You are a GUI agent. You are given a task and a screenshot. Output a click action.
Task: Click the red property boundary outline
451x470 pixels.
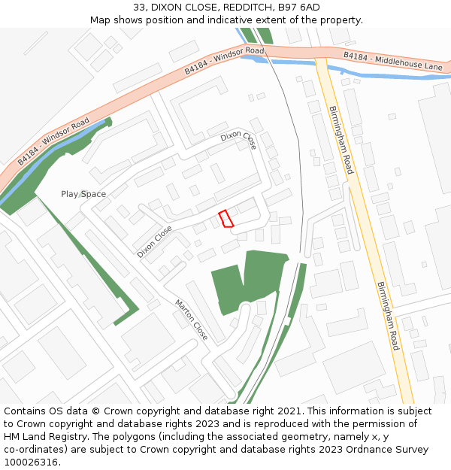(225, 218)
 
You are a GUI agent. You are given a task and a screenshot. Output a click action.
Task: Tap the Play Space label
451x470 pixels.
(83, 194)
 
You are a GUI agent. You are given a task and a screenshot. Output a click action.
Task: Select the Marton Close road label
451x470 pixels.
(191, 320)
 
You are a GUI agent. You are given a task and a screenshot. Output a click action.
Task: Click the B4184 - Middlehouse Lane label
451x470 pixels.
(393, 62)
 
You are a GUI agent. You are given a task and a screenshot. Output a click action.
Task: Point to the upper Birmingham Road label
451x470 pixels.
(341, 140)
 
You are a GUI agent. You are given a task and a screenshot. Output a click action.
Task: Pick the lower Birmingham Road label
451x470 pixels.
(387, 316)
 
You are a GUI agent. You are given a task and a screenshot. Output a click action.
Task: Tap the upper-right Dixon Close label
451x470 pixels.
(239, 141)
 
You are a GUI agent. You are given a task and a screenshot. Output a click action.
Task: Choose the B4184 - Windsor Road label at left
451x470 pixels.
(53, 141)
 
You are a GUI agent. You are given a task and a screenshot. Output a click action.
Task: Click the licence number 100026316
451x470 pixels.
(30, 462)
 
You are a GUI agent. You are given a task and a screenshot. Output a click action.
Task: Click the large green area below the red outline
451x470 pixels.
(248, 282)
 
